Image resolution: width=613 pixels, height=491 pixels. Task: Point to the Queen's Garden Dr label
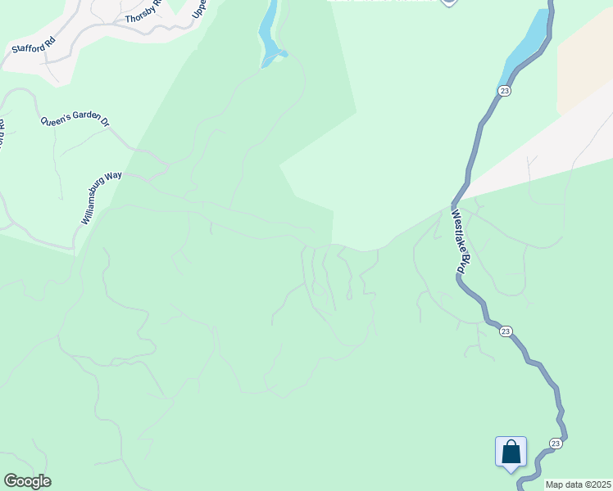75,121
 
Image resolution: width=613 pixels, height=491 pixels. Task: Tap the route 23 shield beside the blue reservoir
504,90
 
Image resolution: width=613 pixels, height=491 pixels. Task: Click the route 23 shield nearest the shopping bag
555,443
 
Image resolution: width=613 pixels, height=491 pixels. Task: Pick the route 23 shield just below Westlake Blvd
506,331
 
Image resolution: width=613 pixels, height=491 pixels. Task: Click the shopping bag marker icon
511,452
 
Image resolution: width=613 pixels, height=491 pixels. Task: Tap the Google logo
27,481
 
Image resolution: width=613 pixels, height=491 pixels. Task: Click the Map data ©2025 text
578,484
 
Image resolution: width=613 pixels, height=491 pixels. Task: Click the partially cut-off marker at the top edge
448,2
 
